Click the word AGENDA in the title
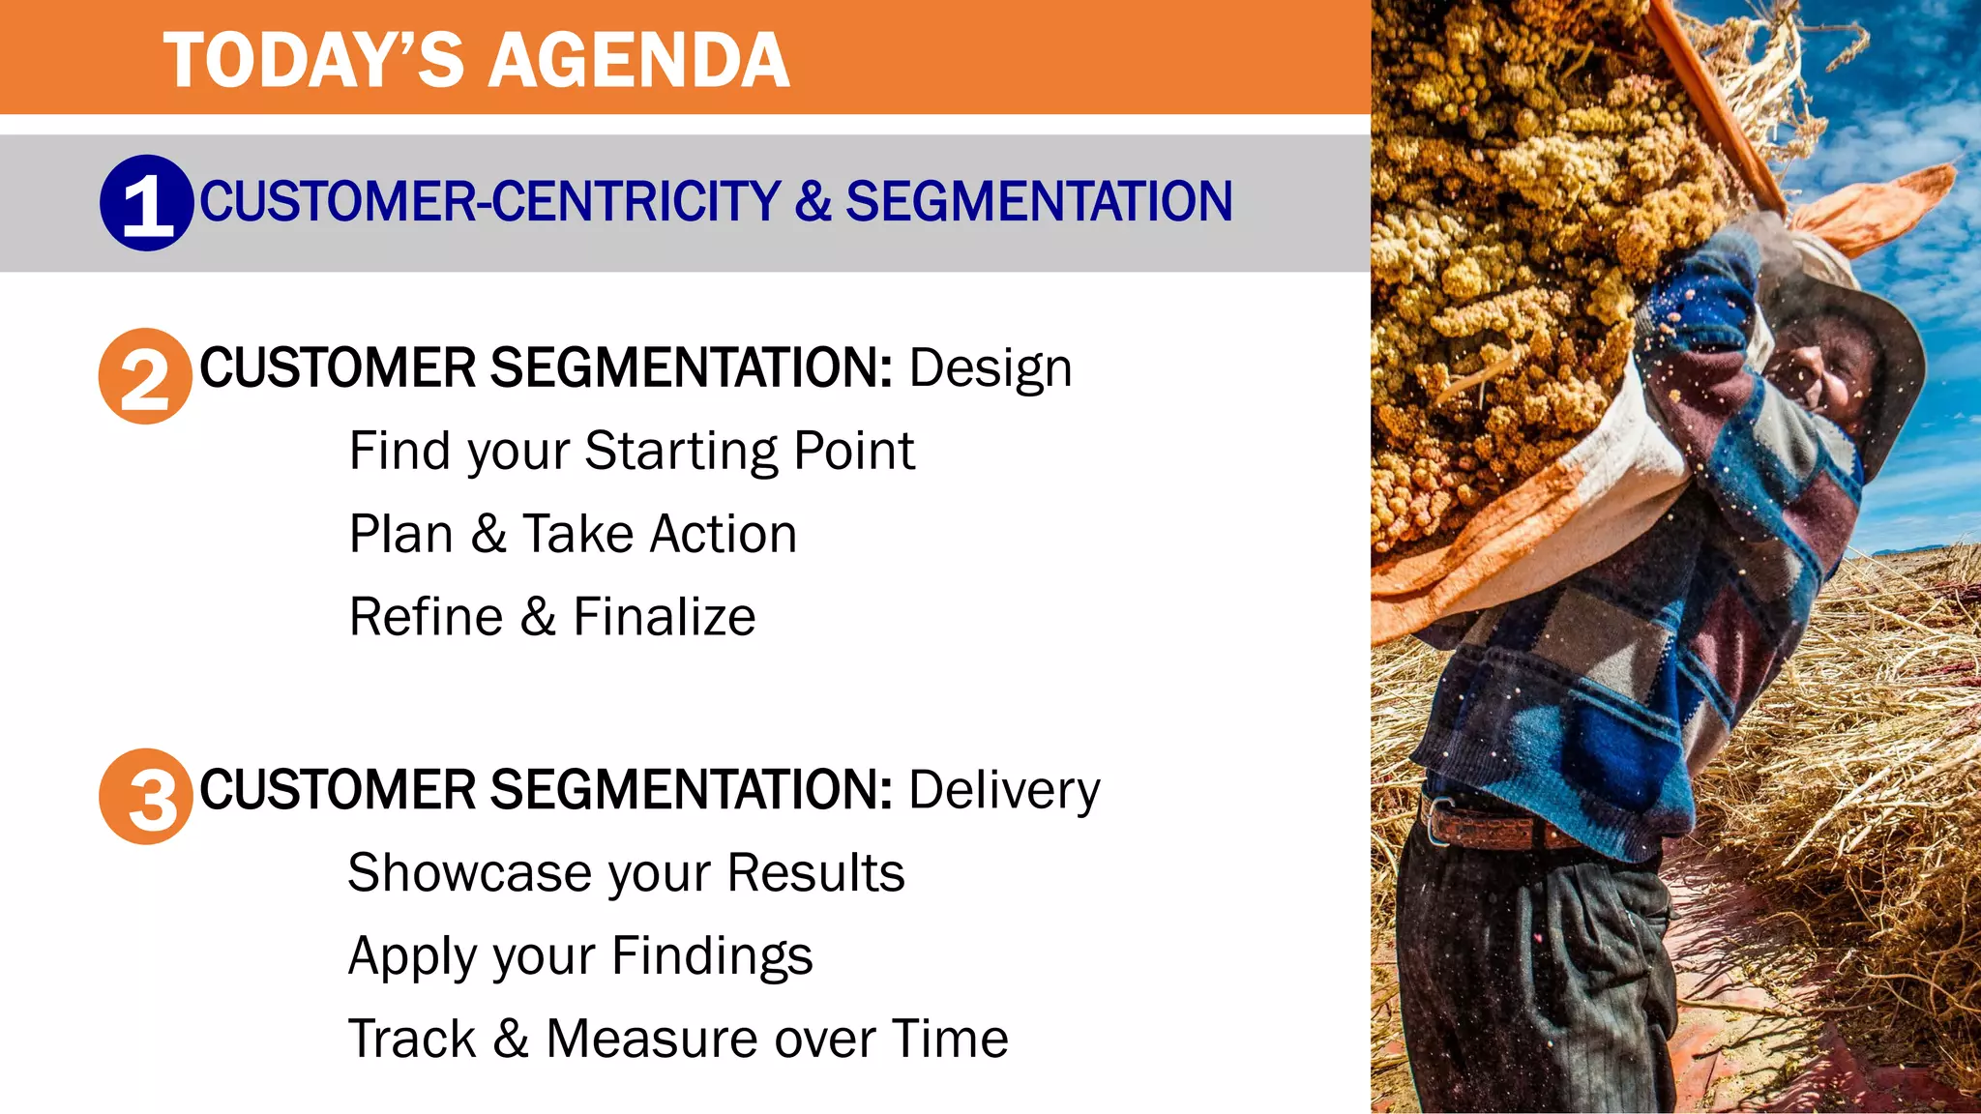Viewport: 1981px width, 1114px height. pyautogui.click(x=638, y=60)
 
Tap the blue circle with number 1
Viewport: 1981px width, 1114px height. pyautogui.click(x=147, y=203)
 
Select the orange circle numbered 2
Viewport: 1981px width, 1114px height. pyautogui.click(x=146, y=376)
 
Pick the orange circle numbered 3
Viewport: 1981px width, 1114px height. pyautogui.click(x=146, y=796)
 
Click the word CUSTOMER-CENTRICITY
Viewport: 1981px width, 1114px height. pyautogui.click(x=489, y=201)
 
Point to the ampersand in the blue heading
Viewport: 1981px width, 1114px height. pyautogui.click(x=813, y=201)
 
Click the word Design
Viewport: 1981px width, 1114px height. pyautogui.click(x=990, y=369)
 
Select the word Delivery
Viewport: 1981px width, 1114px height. pyautogui.click(x=1004, y=790)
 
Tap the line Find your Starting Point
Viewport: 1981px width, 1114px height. pyautogui.click(x=631, y=452)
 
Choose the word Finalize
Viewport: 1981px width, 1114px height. pyautogui.click(x=664, y=617)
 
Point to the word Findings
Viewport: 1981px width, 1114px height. pyautogui.click(x=712, y=957)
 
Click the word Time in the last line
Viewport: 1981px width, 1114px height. pyautogui.click(x=950, y=1040)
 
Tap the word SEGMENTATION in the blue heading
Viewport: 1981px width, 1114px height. pyautogui.click(x=1039, y=201)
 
